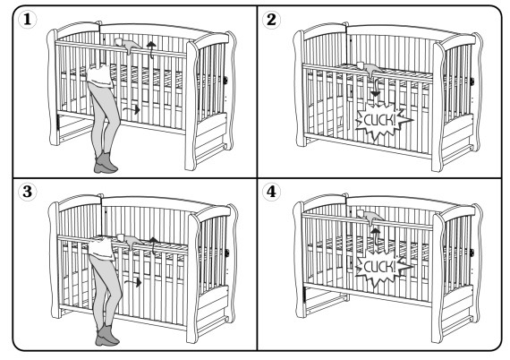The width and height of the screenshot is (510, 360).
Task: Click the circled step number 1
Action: [x=28, y=20]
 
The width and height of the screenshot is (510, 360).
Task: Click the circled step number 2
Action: [x=271, y=20]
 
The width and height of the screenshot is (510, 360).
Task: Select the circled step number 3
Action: [x=28, y=192]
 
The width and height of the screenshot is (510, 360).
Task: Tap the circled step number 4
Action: [x=271, y=192]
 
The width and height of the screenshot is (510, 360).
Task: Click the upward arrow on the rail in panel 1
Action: [x=150, y=49]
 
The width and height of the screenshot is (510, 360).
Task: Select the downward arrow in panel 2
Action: [x=376, y=87]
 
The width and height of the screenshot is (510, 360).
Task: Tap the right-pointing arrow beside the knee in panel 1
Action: [x=132, y=109]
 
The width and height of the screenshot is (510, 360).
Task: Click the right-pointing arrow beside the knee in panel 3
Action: [x=133, y=282]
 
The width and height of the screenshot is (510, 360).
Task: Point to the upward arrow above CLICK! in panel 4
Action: [x=376, y=236]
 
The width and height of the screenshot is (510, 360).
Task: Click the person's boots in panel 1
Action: [x=106, y=162]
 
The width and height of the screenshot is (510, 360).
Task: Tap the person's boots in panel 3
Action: [x=107, y=335]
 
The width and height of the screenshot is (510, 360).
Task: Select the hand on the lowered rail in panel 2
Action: [x=370, y=69]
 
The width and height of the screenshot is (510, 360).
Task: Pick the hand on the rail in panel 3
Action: [x=130, y=241]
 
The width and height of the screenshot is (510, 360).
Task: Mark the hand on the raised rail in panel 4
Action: [x=370, y=217]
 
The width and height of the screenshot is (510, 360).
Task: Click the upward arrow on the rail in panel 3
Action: [x=153, y=245]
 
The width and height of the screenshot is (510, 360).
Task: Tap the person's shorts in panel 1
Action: [x=99, y=77]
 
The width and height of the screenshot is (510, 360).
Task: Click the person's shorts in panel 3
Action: [x=101, y=248]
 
